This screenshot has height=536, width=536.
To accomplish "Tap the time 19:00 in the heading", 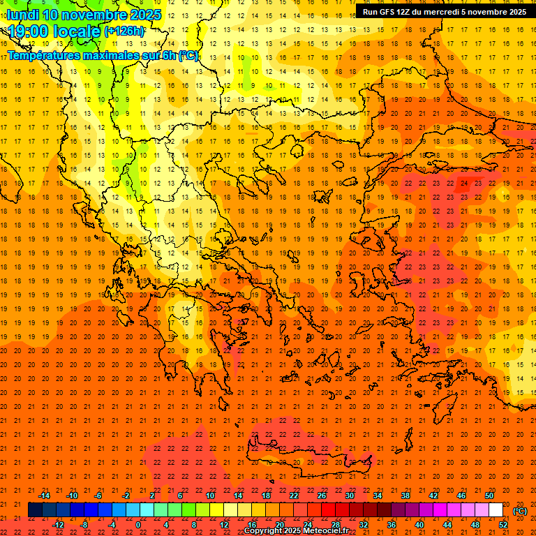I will click(x=28, y=31).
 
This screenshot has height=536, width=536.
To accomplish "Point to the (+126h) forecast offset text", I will click(x=124, y=31).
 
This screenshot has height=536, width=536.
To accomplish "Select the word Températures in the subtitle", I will click(x=44, y=55).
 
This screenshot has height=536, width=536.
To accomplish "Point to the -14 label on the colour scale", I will click(x=44, y=496).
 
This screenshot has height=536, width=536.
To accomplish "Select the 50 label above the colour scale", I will click(x=489, y=496).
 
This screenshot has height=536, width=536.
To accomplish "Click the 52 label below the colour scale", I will click(x=503, y=525).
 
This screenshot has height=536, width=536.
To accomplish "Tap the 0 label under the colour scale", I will click(x=138, y=525).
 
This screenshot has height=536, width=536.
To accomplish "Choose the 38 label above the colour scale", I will click(x=405, y=496).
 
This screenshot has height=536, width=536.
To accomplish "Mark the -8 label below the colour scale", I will click(x=84, y=525).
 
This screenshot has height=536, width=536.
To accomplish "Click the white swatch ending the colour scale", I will click(x=496, y=510).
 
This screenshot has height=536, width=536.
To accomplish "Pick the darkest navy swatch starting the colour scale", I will click(x=35, y=510).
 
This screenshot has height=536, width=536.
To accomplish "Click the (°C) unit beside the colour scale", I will click(x=520, y=511).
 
